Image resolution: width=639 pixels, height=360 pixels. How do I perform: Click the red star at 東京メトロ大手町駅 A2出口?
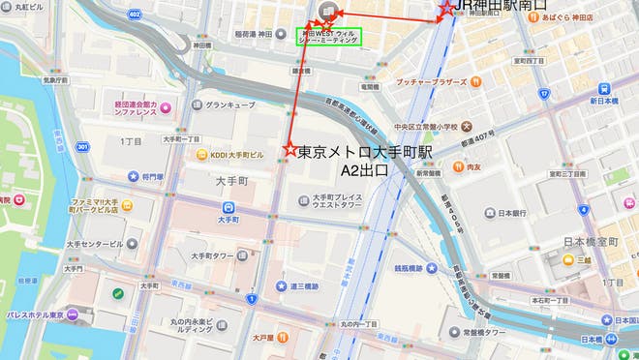coord(288,148)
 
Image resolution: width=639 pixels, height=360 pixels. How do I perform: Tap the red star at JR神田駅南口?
coord(444,8)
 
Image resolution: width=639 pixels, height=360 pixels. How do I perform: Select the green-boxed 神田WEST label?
coord(329,38)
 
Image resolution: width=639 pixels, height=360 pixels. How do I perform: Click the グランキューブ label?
coord(229,105)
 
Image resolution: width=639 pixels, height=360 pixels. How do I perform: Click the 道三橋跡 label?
coord(304,285)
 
